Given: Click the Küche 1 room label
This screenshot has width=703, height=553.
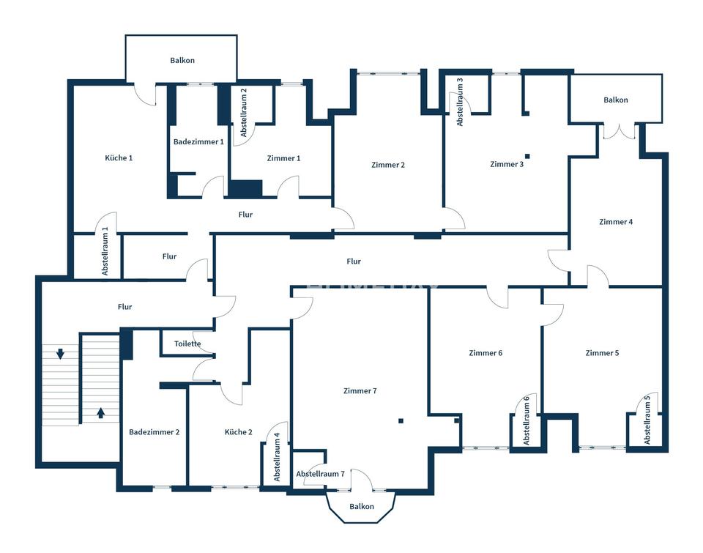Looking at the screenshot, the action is point(119,158).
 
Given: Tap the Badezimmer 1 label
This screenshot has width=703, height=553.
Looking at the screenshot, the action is point(198,141).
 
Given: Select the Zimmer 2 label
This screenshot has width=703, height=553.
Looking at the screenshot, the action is point(388,165).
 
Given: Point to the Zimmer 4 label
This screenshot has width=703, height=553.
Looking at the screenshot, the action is point(616,222).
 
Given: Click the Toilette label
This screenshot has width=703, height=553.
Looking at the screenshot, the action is point(187,344).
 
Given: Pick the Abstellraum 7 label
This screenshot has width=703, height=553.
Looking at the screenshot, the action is point(320,474).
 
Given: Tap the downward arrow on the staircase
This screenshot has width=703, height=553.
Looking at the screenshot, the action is point(60,354).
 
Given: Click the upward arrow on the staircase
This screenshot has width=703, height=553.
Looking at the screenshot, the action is point(100,412).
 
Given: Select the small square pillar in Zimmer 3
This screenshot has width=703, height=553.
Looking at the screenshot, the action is point(528,157).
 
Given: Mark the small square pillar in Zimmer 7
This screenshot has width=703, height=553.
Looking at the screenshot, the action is point(401,420).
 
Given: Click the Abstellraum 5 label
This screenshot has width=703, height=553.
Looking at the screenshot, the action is point(647,420).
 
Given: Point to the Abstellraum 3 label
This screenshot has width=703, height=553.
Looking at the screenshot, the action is point(460,102).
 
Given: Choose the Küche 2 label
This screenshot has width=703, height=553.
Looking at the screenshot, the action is point(238,432).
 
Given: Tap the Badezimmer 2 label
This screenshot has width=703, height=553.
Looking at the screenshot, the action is point(155,432).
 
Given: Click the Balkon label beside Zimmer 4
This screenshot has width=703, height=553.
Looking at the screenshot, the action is point(616,100).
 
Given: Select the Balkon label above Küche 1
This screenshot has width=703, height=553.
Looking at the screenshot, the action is point(182,61).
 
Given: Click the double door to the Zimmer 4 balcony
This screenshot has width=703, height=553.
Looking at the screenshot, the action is point(620,131).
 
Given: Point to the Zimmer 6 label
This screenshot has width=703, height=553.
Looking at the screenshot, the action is point(486,354).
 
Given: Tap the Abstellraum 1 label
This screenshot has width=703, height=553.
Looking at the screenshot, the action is point(105,251).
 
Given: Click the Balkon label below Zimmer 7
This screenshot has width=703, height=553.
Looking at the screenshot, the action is point(361,507).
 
